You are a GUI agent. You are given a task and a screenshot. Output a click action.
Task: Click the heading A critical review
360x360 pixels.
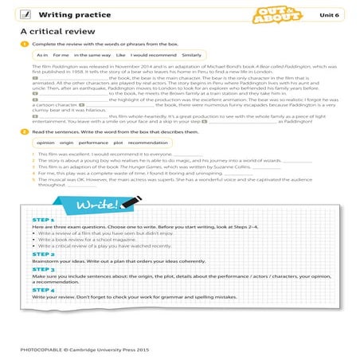(x=55, y=31)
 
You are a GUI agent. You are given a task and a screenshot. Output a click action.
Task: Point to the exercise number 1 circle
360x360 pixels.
(x=25, y=45)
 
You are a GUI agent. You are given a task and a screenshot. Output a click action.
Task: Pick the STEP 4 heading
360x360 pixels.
(x=42, y=290)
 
